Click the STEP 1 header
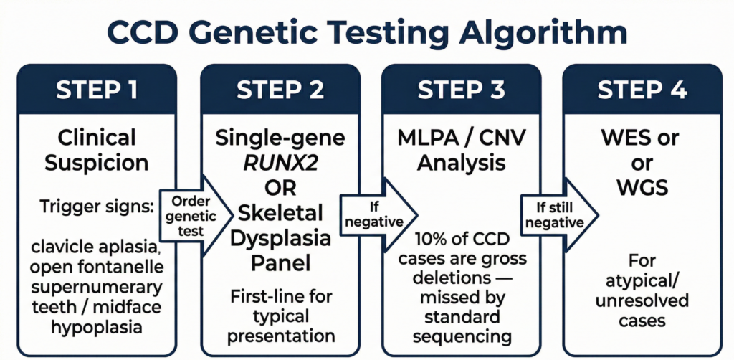click(x=97, y=91)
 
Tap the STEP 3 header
click(x=461, y=91)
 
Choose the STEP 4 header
click(x=643, y=91)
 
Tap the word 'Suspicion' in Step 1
click(x=97, y=163)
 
